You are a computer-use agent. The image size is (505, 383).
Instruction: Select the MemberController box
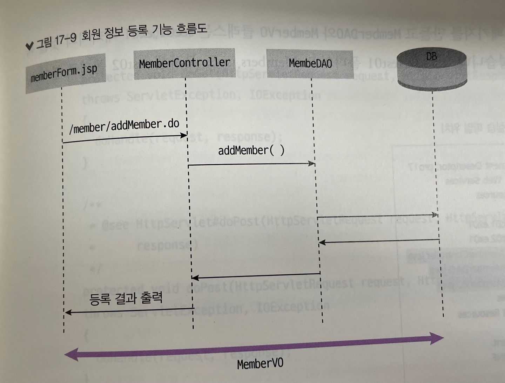click(184, 64)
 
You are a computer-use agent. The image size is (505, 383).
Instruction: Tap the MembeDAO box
click(310, 63)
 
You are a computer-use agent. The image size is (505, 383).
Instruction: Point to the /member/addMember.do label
click(124, 126)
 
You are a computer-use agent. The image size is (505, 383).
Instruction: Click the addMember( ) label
click(251, 150)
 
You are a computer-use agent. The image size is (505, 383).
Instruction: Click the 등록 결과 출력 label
click(126, 299)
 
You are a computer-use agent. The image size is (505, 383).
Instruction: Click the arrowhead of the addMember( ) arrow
click(311, 163)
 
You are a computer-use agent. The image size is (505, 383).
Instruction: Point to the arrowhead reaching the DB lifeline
click(435, 214)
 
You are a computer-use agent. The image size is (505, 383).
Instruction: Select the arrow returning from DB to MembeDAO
click(379, 241)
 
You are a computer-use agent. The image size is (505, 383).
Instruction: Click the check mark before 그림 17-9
click(29, 46)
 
